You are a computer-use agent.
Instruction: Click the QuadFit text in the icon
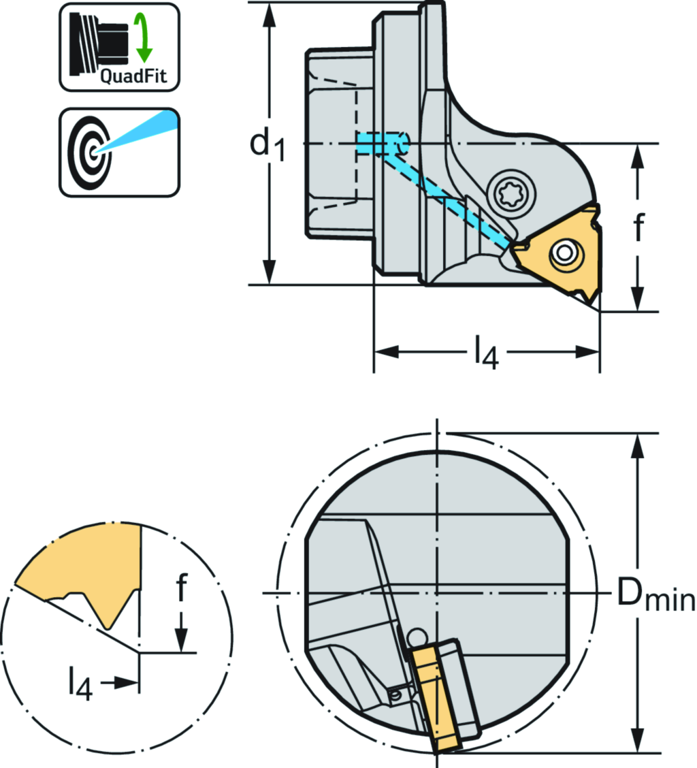[133, 76]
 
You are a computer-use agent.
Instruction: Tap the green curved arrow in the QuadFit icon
[144, 35]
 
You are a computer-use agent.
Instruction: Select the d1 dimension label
[266, 144]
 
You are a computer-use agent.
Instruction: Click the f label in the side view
[637, 227]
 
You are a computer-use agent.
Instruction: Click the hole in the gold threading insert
[563, 253]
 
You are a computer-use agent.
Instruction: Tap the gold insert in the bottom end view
[434, 697]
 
